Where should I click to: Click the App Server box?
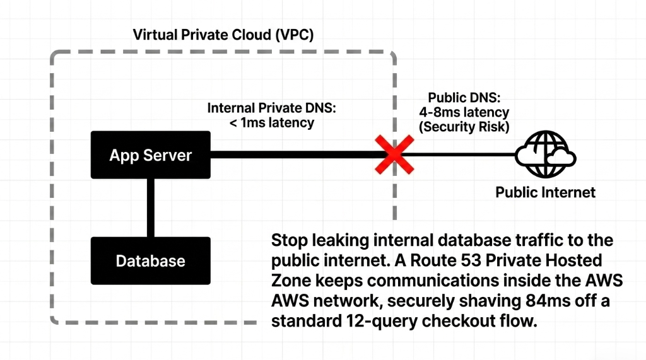tap(150, 155)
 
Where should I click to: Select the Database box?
tap(150, 260)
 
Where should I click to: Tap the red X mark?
tap(394, 154)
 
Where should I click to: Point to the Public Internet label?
tap(545, 192)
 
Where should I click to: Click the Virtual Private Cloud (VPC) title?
tap(223, 35)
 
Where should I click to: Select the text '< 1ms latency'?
tap(271, 123)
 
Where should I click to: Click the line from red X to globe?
tap(461, 154)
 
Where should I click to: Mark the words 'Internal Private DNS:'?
tap(272, 108)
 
